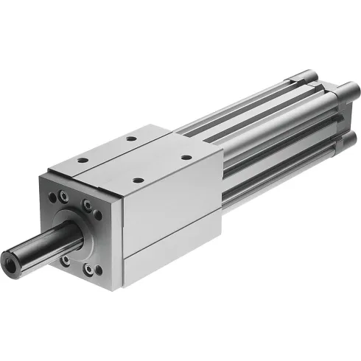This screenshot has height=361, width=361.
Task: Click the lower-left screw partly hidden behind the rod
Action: (65, 259)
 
